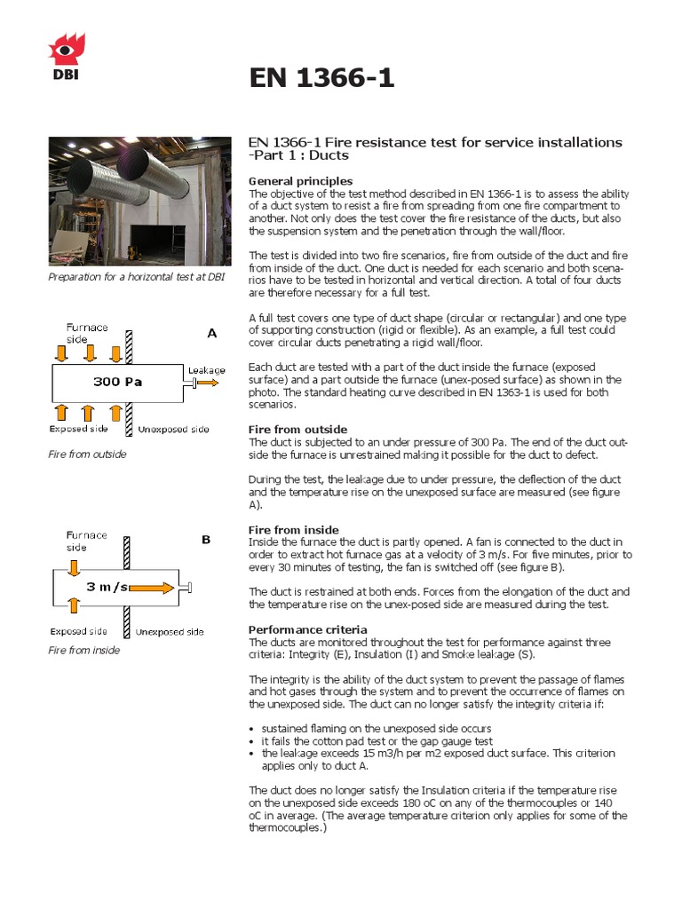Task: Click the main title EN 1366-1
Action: click(321, 79)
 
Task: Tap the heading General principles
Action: click(300, 181)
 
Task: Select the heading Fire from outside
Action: click(297, 429)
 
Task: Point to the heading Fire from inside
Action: click(293, 529)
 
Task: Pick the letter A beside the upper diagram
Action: click(211, 333)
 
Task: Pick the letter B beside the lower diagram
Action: click(206, 539)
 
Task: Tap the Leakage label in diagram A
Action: click(206, 369)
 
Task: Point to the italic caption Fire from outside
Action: click(87, 454)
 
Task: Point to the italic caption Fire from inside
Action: click(83, 650)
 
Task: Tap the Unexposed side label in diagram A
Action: click(173, 430)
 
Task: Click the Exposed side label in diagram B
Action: click(78, 631)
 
